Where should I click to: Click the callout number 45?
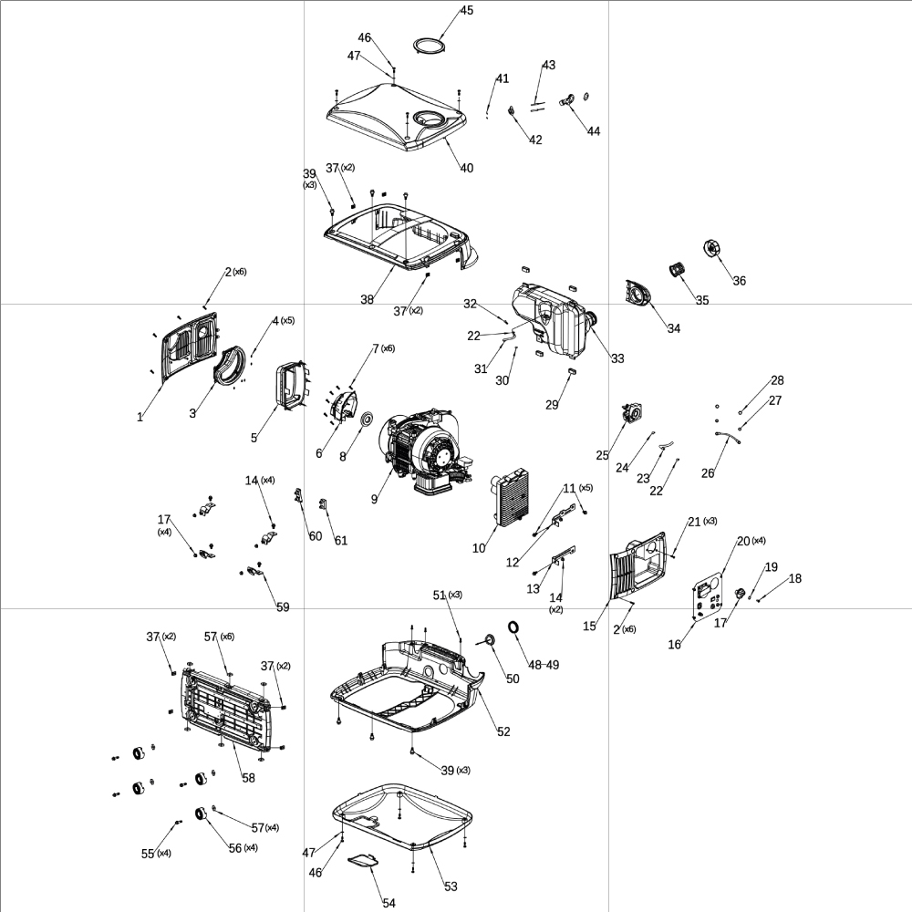[466, 11]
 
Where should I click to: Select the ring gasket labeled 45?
[429, 45]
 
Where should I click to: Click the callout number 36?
[739, 281]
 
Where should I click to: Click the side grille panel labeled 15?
[638, 570]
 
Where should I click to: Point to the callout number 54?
[389, 903]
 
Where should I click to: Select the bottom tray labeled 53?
[401, 816]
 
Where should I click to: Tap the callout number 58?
[248, 778]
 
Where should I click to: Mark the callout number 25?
[602, 455]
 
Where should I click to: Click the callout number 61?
[340, 541]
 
